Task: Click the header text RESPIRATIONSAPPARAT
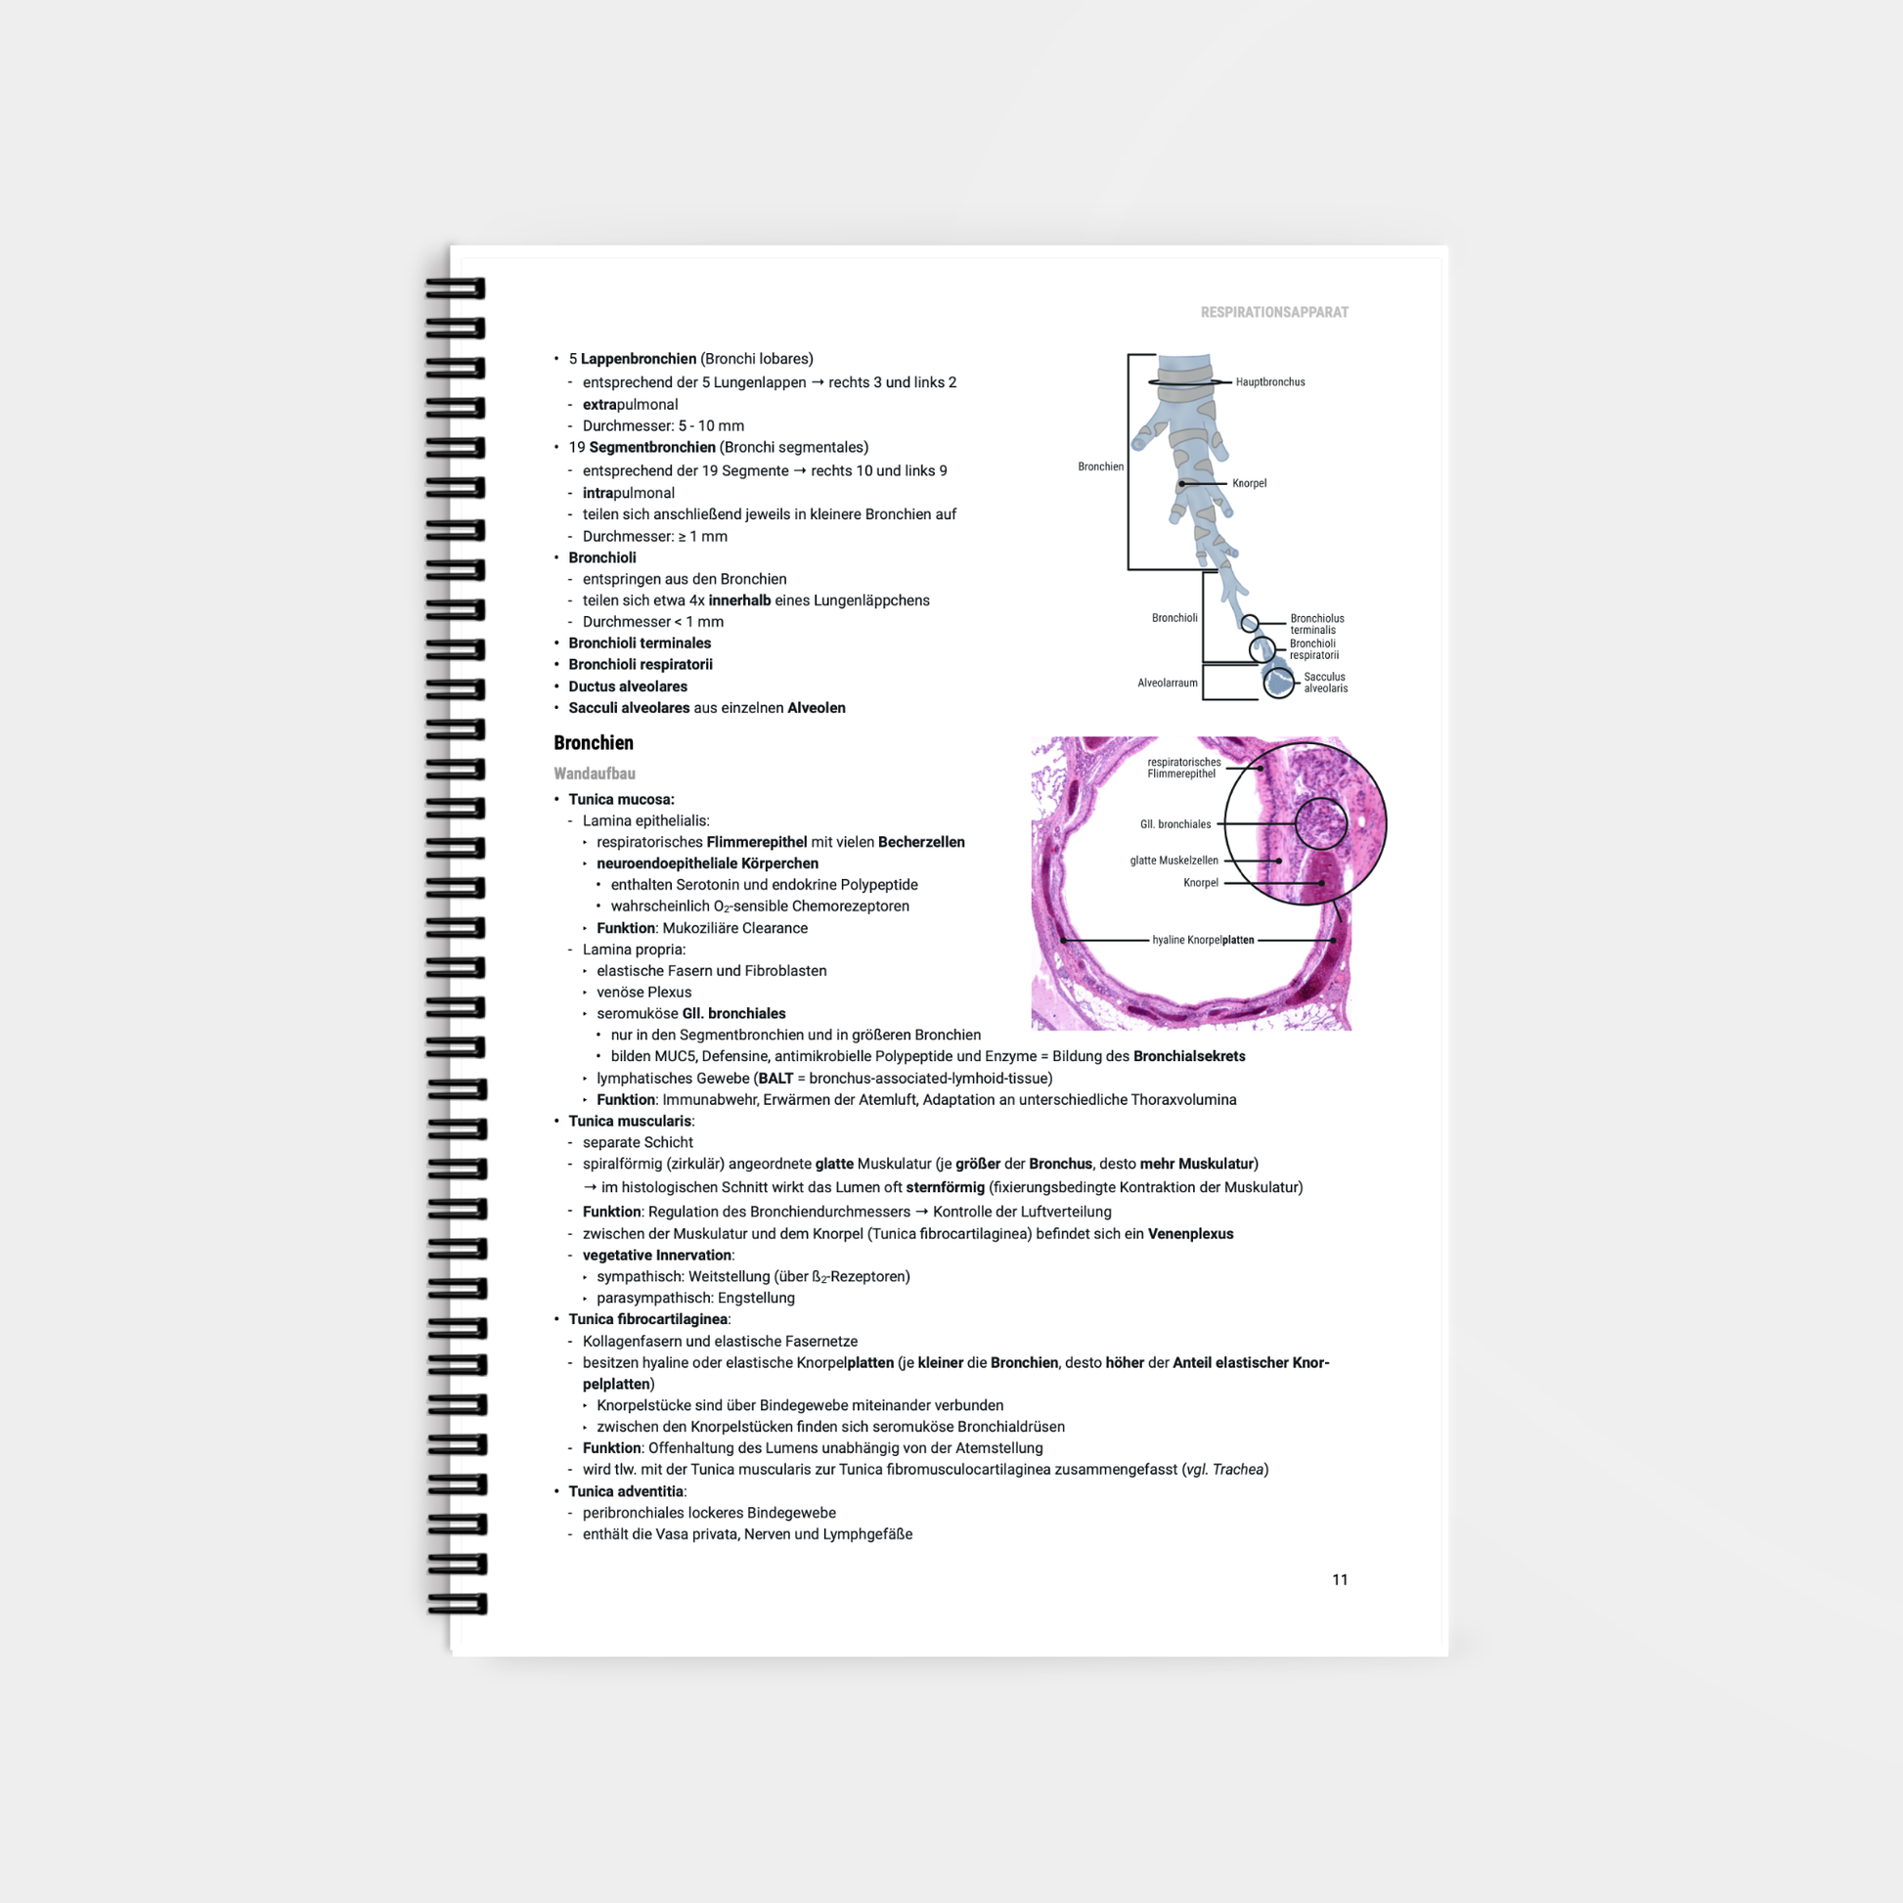coord(1273,312)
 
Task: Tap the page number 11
coord(1340,1579)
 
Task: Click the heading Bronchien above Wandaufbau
coord(593,742)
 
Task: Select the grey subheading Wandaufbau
coord(594,774)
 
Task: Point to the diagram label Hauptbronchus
coord(1269,382)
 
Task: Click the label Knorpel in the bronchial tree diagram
coord(1249,484)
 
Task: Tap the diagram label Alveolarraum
coord(1168,683)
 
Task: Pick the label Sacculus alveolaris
coord(1325,683)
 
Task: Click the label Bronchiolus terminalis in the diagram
coord(1317,625)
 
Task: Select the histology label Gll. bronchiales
coord(1175,824)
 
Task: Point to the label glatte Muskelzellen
coord(1174,861)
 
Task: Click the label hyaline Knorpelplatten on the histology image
coord(1203,941)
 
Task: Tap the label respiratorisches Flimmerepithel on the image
coord(1183,769)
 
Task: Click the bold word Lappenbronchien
coord(639,359)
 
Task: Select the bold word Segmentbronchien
coord(652,447)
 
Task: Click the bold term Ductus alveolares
coord(628,686)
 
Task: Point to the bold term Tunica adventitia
coord(626,1491)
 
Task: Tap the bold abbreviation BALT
coord(776,1079)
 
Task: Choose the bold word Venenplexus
coord(1190,1234)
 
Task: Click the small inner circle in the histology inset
coord(1297,823)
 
